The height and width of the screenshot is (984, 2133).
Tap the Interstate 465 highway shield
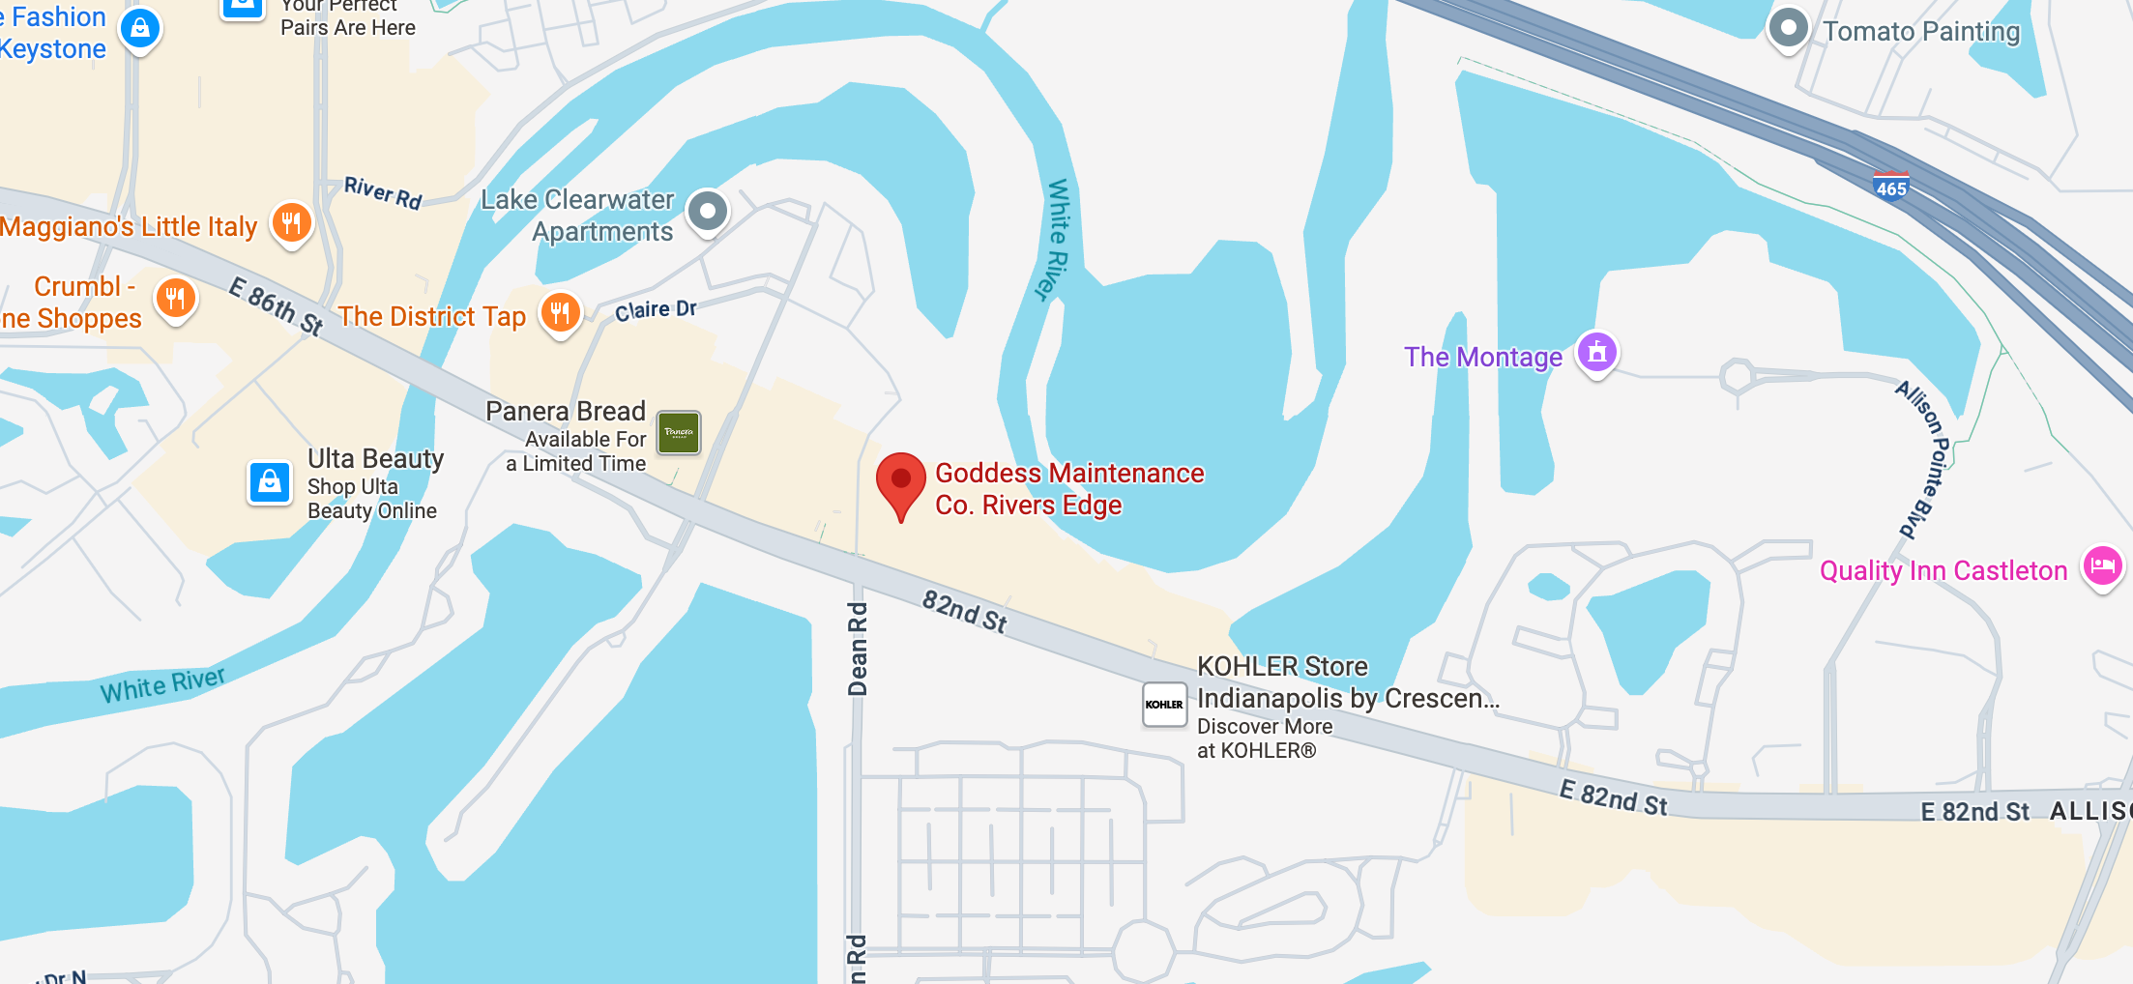(x=1890, y=186)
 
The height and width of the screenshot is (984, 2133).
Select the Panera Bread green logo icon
(x=679, y=432)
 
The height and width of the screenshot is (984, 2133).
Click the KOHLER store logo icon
(x=1164, y=705)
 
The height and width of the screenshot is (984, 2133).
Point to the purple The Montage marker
(x=1597, y=352)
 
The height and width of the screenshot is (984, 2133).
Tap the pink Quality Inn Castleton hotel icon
(x=2102, y=566)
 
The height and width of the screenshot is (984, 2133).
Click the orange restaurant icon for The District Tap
(x=560, y=312)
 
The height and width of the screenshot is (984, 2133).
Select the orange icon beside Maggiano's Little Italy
(x=291, y=222)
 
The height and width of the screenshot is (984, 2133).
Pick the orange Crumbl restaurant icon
(x=175, y=298)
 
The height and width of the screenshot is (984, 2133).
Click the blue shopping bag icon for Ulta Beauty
(x=270, y=481)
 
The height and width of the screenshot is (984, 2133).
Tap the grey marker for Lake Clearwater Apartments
(x=708, y=211)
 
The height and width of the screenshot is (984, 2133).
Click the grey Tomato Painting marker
(x=1788, y=28)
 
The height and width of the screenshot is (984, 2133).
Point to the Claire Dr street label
(x=656, y=310)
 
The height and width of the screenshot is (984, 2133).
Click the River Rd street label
(x=383, y=192)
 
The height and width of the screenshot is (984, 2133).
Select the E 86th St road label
(x=276, y=305)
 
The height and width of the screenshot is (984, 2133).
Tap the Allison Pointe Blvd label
(x=1922, y=458)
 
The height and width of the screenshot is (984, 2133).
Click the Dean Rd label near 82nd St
(x=858, y=648)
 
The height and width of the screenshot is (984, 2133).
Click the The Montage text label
(x=1482, y=358)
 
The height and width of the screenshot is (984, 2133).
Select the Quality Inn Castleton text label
(x=1943, y=571)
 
